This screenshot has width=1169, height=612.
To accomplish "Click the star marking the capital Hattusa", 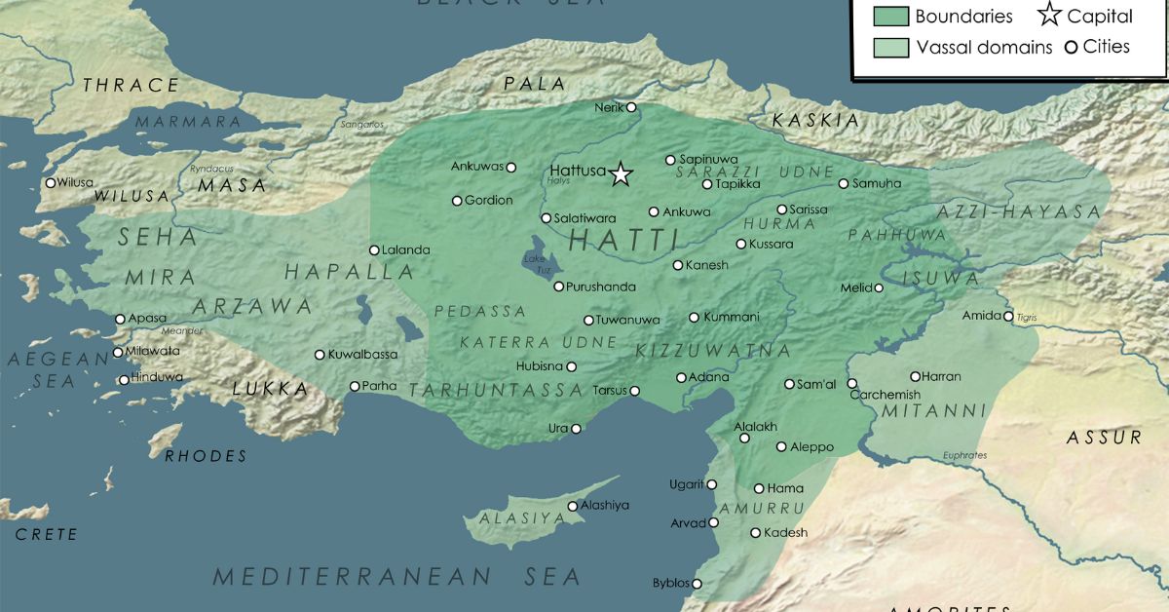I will coord(621,175).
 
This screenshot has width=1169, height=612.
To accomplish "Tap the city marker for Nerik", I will coord(631,107).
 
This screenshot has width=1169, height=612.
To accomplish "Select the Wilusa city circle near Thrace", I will coord(51,182).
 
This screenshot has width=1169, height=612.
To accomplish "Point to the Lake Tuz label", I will coord(536,259).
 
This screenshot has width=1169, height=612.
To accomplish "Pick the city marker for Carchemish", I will coord(851,384).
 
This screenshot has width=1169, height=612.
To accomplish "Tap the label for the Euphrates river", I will coord(964,455).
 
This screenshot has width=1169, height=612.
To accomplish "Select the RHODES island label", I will coord(206,456).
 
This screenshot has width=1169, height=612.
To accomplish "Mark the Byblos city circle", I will coord(697,584).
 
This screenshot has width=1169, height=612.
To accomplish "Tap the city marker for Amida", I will coord(1008,316).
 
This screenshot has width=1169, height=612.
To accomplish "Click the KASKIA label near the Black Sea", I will coord(816,121).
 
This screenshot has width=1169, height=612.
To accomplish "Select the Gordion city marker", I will coord(457,201).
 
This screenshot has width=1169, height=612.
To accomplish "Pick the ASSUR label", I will coord(1104,438).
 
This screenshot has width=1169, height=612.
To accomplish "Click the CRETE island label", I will coord(46,534).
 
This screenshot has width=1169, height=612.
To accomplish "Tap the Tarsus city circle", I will coord(634,392).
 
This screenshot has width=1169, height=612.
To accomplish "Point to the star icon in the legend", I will coord(1049,16).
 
